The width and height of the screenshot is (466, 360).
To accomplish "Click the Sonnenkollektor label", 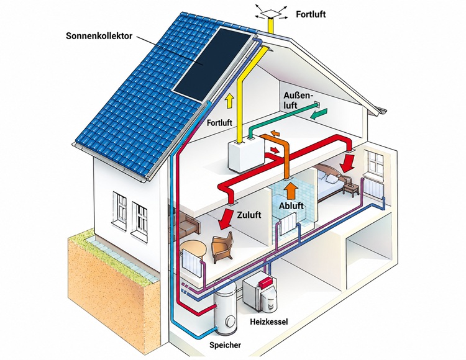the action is tap(99, 36).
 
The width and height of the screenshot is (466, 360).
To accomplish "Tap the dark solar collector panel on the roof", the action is tap(213, 64).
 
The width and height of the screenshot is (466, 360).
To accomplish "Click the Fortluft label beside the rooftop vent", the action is tap(311, 14).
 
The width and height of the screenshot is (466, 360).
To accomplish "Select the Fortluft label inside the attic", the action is tap(219, 122).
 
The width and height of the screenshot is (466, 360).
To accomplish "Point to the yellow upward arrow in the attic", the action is tap(229, 101).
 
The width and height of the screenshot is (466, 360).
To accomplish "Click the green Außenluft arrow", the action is tap(318, 114).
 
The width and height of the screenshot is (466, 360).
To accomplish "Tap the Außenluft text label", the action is tap(298, 100).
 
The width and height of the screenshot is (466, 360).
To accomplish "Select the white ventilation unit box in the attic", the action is tap(246, 156).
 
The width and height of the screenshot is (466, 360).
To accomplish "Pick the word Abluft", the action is tap(291, 205).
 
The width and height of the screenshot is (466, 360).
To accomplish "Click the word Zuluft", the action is tap(249, 215).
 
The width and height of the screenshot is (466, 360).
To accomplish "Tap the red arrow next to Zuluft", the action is tap(225, 219).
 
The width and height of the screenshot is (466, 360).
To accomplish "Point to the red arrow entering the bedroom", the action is tap(347, 163).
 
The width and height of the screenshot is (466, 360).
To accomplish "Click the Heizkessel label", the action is tap(269, 322).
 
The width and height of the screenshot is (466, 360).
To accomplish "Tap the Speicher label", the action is tap(225, 345).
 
